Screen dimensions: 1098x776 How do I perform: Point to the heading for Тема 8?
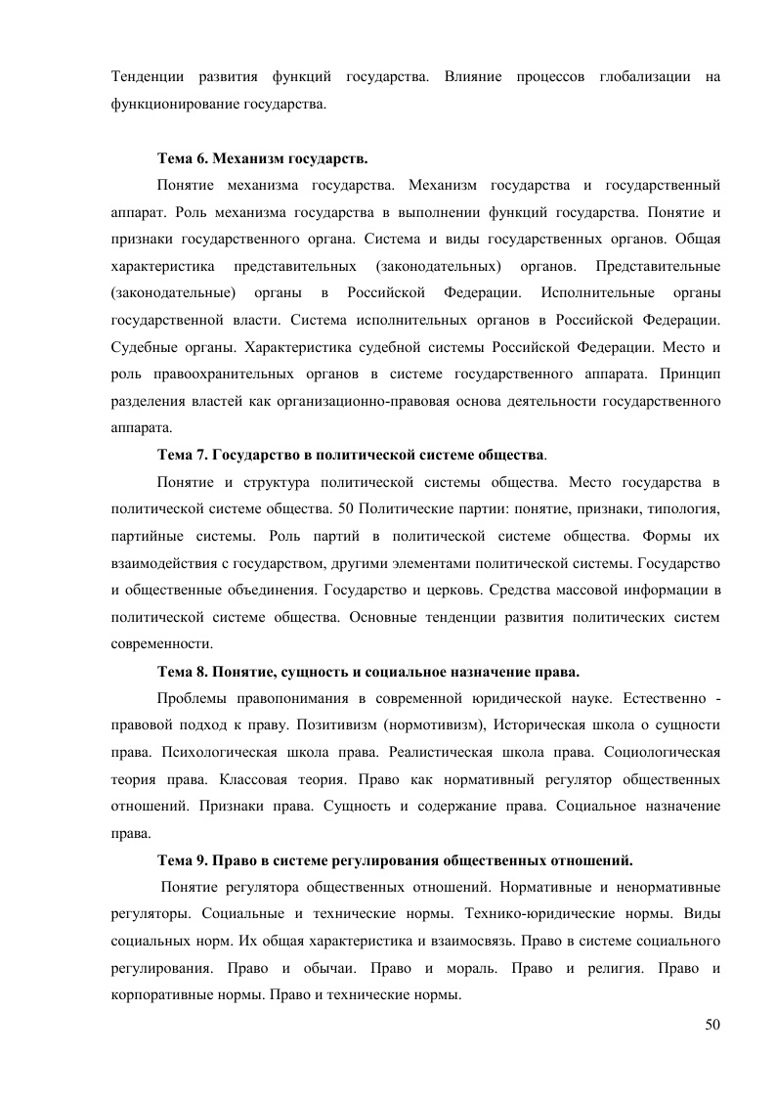(368, 673)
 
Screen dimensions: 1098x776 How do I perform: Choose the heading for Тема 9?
(395, 860)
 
